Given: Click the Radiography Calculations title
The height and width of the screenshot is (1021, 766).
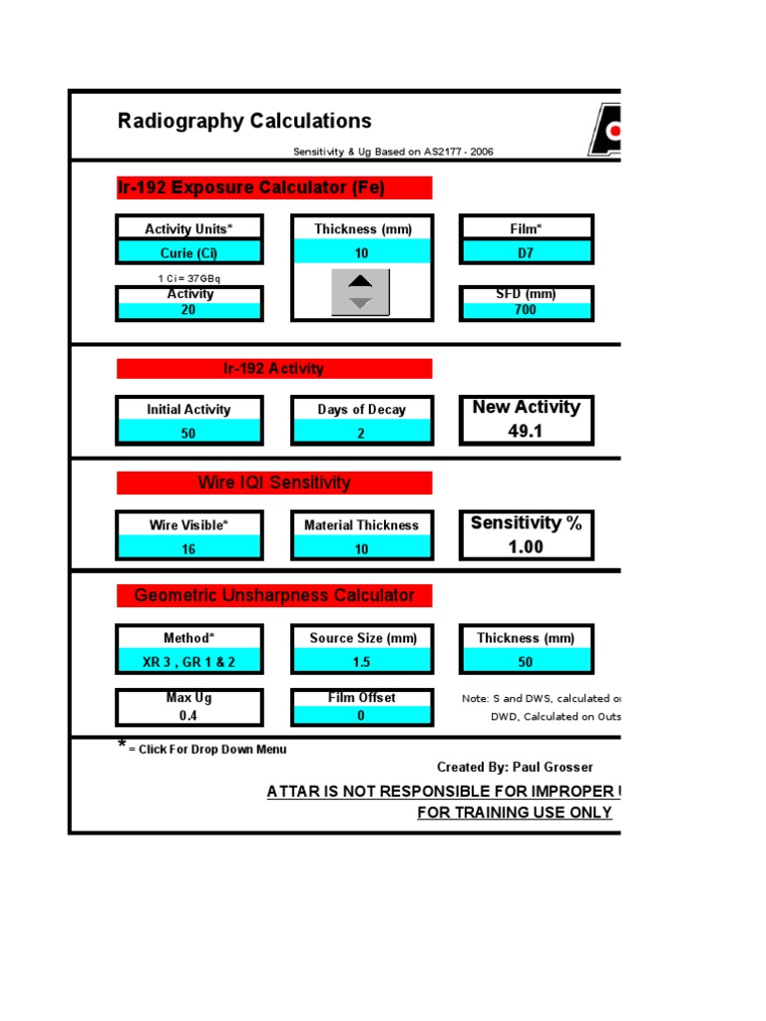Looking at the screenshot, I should pos(244,122).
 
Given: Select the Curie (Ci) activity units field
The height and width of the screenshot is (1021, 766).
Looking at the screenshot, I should pos(190,252).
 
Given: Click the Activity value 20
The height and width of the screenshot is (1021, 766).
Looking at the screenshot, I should pos(190,310).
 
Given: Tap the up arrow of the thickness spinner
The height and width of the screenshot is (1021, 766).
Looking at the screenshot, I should pos(360,281).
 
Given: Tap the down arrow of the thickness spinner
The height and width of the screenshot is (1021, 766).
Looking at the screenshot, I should pos(360,302).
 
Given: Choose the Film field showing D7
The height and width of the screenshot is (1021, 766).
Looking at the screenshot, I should pos(526,252).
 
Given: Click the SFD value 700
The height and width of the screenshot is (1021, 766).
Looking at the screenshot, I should pos(526,310).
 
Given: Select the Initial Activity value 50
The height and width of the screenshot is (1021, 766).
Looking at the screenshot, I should pos(190,434).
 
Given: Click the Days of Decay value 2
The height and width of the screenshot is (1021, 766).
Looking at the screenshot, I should pos(361,434).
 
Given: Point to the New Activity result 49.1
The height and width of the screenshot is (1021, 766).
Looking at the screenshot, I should pos(526,432).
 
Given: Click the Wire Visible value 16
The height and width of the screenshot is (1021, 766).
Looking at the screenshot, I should pos(190,549).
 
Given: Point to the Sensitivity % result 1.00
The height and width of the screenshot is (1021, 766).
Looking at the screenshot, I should pos(526,546).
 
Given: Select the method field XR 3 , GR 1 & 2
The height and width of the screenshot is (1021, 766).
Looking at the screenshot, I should pos(190,662).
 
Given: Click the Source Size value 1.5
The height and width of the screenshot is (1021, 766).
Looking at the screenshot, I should pos(361,662).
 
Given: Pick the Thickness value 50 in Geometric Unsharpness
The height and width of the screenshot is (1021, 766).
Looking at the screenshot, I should pos(526,662).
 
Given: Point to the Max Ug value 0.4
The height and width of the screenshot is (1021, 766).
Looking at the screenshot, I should pos(190,715).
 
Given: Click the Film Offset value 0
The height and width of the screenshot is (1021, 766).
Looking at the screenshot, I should pos(361,715).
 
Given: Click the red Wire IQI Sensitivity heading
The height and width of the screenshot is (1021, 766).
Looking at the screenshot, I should pos(274,483).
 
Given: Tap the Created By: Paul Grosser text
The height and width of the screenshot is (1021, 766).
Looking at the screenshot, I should pos(515,767).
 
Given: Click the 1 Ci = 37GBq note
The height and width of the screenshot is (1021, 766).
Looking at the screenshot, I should pos(190,278).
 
